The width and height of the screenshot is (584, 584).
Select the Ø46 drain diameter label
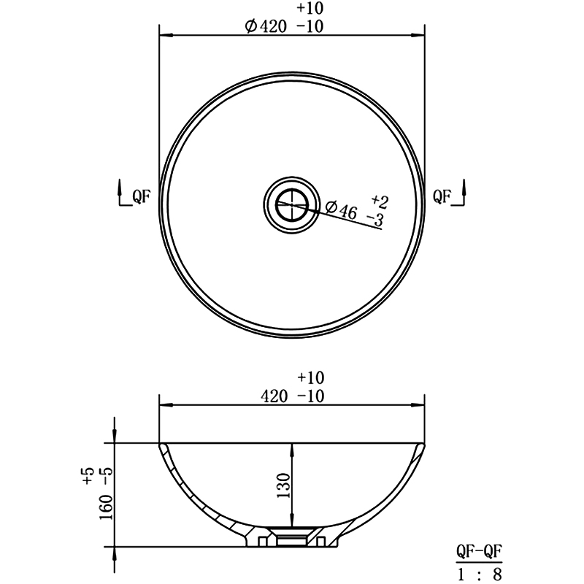click(341, 210)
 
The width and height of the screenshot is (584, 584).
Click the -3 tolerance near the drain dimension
click(375, 218)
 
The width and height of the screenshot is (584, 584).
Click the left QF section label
click(141, 196)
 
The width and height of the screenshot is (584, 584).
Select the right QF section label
click(442, 196)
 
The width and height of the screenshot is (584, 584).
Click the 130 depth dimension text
click(284, 485)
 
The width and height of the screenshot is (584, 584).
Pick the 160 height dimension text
click(107, 505)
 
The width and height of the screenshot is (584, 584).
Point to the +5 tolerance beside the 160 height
click(88, 477)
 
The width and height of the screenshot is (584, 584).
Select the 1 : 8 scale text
click(480, 575)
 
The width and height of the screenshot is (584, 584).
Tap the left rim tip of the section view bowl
click(161, 443)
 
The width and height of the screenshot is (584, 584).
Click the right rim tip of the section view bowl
click(424, 443)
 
